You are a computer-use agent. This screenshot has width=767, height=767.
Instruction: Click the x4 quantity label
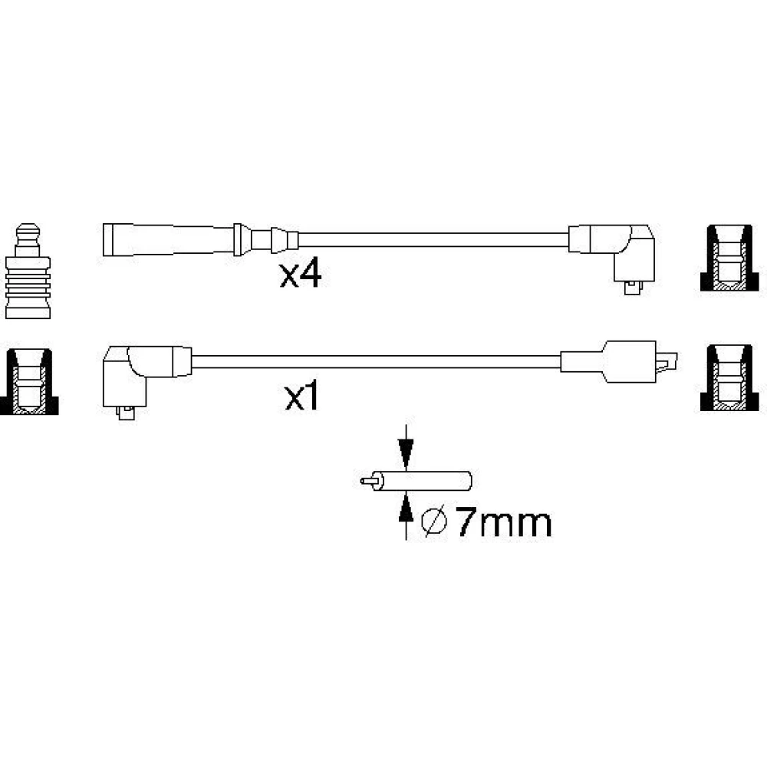(x=301, y=275)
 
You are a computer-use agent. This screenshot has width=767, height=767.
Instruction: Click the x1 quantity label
(x=301, y=397)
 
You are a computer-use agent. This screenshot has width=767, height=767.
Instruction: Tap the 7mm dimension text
(x=504, y=523)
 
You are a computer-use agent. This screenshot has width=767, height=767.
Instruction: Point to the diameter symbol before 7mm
(x=434, y=522)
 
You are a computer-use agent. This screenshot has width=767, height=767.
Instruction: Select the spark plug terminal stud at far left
(x=28, y=272)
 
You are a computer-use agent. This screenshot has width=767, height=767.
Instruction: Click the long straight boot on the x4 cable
(x=168, y=239)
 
